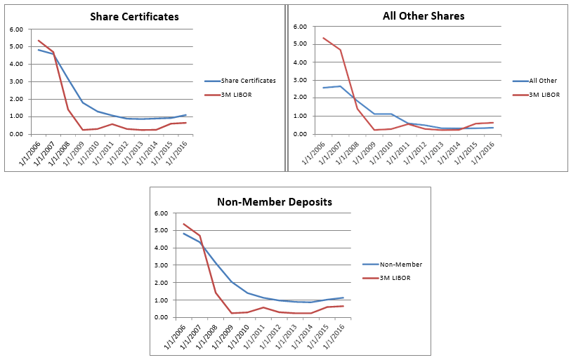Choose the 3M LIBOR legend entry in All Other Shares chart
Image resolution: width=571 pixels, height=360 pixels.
coord(544,94)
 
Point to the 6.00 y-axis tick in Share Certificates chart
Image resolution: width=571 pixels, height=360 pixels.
coord(16,29)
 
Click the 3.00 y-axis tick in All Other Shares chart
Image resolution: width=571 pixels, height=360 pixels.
coord(301,80)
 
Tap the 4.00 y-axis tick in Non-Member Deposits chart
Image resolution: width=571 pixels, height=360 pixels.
coord(161,248)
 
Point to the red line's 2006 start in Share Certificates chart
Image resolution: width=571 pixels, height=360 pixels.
coord(38,40)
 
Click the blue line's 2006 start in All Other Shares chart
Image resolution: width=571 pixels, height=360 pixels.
coord(323,88)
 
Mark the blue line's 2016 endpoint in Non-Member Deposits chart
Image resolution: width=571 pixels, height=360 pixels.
coord(343,298)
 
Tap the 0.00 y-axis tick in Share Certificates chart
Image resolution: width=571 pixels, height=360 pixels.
coord(16,134)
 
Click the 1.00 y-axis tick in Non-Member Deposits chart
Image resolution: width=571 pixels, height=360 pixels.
coord(161,300)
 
